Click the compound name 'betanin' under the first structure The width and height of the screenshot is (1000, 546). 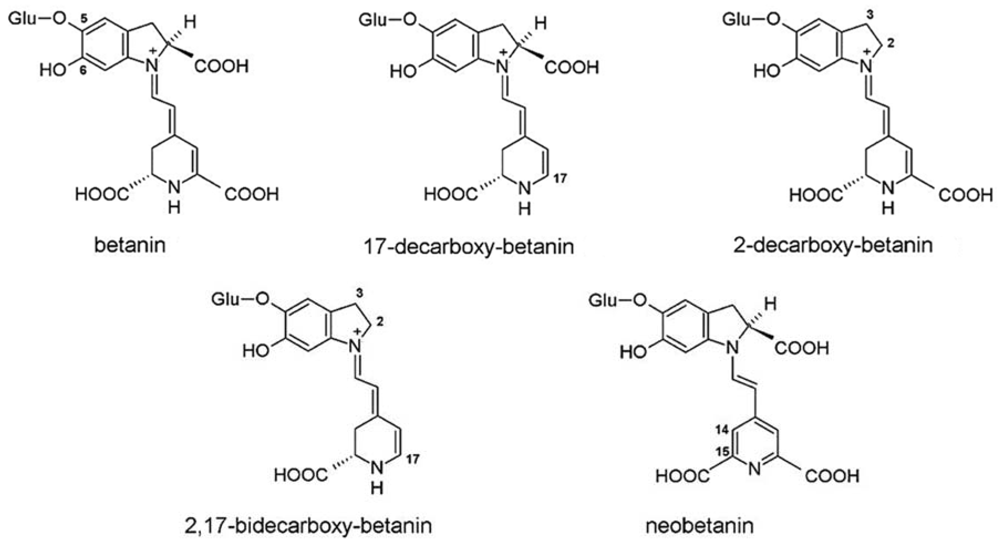[130, 245]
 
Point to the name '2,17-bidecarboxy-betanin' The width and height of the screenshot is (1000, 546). [308, 526]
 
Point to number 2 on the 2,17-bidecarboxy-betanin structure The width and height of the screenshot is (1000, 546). [380, 322]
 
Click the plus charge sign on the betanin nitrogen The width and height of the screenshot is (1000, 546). [152, 50]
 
